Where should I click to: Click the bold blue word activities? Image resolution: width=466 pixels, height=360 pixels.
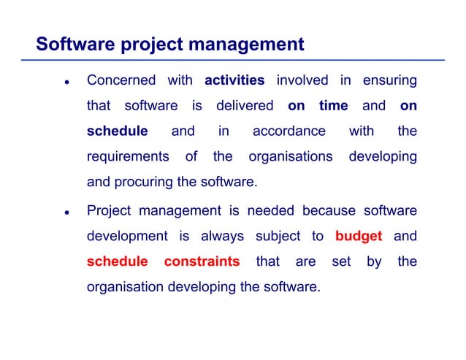point(234,80)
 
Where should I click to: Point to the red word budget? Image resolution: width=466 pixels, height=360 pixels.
point(359,237)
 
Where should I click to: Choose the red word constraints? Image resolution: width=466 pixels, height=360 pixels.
point(202,261)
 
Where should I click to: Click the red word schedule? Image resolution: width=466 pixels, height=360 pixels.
point(117,261)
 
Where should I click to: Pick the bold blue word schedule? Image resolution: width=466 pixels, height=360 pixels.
point(117,131)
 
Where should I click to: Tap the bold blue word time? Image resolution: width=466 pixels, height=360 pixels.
point(333,106)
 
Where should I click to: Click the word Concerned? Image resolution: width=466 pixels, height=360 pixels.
point(121,80)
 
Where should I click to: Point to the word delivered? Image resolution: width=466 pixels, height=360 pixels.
point(245,106)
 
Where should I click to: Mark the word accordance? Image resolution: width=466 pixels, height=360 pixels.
point(289,131)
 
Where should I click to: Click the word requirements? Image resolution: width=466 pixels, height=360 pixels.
point(128,157)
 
